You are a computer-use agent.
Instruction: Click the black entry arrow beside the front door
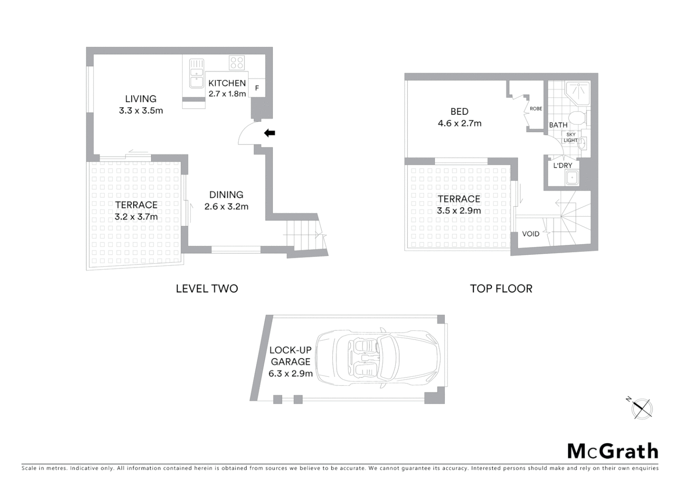coord(270,133)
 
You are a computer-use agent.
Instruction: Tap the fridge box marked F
coord(257,88)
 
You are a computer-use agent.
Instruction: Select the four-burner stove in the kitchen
coord(237,62)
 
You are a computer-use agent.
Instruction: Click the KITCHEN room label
coord(227,83)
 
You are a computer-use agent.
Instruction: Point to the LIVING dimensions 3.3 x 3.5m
coord(141,111)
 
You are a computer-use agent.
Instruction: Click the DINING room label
coord(226,195)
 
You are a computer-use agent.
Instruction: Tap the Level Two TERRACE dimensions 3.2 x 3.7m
coord(136,217)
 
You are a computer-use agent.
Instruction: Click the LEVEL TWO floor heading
coord(207,289)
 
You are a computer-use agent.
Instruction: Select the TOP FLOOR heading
coord(501,289)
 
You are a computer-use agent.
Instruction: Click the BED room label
coord(459,112)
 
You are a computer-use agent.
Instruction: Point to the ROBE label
coord(536,109)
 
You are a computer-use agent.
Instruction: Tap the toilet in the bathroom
coord(578,118)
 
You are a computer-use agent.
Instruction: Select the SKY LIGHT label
coord(570,137)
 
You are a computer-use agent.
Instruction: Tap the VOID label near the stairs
coord(530,234)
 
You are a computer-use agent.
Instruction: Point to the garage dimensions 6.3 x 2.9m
coord(290,374)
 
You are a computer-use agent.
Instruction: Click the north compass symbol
coord(642,408)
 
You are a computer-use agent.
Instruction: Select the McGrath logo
coord(612,451)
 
